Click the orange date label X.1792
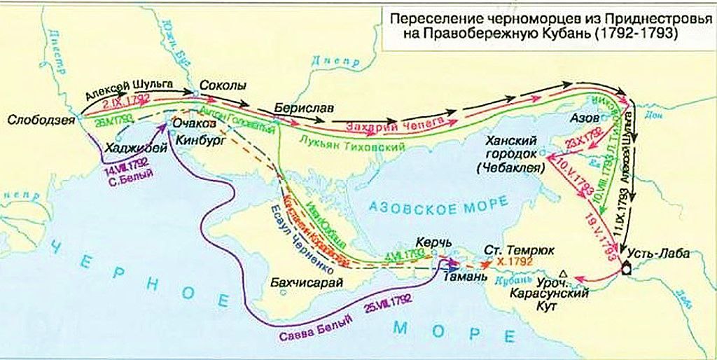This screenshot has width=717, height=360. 512,260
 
